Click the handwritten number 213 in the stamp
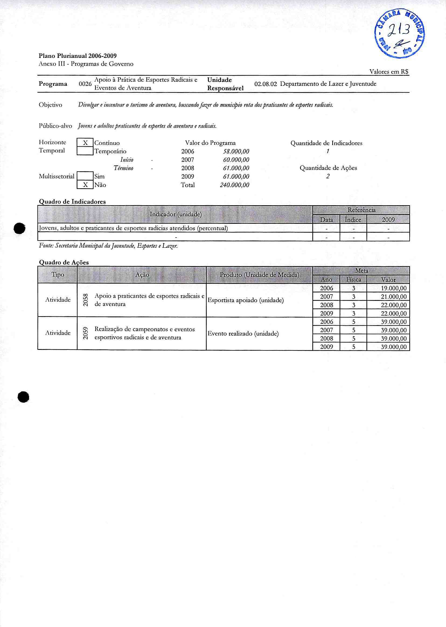click(x=400, y=31)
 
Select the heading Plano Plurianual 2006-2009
click(x=78, y=56)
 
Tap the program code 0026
click(x=85, y=84)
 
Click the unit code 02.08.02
click(x=266, y=84)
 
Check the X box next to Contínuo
click(x=85, y=143)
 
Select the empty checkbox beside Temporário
click(x=85, y=151)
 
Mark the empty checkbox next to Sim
click(x=85, y=176)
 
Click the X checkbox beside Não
click(x=85, y=185)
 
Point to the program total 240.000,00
click(x=235, y=185)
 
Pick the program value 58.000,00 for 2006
click(x=236, y=151)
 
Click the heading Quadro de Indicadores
click(x=72, y=201)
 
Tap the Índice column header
click(x=353, y=220)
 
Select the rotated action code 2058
click(x=86, y=300)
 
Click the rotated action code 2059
click(x=86, y=333)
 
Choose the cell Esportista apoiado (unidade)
click(x=246, y=300)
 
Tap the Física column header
click(x=353, y=280)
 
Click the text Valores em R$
click(x=389, y=72)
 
